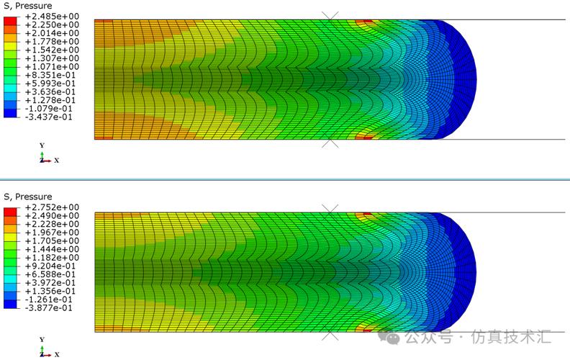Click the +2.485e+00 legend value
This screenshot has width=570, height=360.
click(52, 17)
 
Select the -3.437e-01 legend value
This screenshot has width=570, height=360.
click(49, 117)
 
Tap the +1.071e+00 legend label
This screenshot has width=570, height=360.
click(52, 67)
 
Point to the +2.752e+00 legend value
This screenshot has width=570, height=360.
click(52, 207)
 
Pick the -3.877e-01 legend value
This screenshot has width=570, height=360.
click(49, 308)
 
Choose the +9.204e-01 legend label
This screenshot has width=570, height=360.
click(50, 266)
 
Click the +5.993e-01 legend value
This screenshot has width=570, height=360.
click(50, 84)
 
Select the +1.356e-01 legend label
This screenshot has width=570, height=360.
click(50, 292)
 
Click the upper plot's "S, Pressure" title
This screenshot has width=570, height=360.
click(28, 6)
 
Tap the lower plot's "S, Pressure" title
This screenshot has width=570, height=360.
click(28, 197)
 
